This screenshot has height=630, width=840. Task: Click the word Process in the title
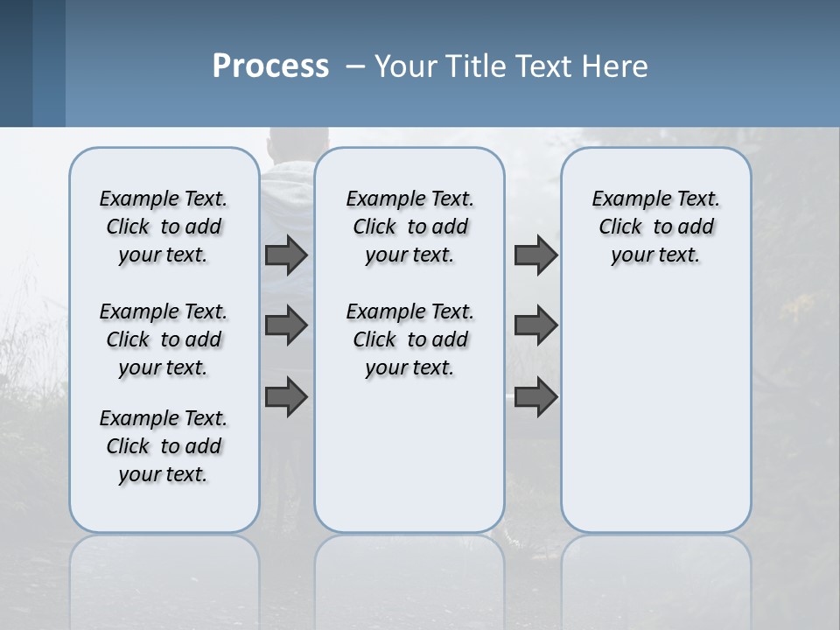(270, 66)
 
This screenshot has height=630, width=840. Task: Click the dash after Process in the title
(355, 67)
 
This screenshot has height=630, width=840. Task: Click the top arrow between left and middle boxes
(286, 255)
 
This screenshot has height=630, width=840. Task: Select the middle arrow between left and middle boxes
(286, 325)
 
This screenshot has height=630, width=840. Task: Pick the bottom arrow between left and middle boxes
(286, 396)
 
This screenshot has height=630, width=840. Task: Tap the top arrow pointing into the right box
(535, 255)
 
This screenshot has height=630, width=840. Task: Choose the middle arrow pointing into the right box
(535, 325)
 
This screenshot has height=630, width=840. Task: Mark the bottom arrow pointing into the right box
(535, 396)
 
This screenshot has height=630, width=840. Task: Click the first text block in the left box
(164, 227)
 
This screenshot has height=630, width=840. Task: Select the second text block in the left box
(164, 339)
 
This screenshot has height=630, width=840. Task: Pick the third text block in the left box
(164, 446)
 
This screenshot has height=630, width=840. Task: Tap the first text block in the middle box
(409, 227)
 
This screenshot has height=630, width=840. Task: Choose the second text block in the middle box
(409, 339)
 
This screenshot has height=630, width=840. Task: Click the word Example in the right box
(626, 199)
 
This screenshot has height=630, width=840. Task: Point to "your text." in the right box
(655, 255)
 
